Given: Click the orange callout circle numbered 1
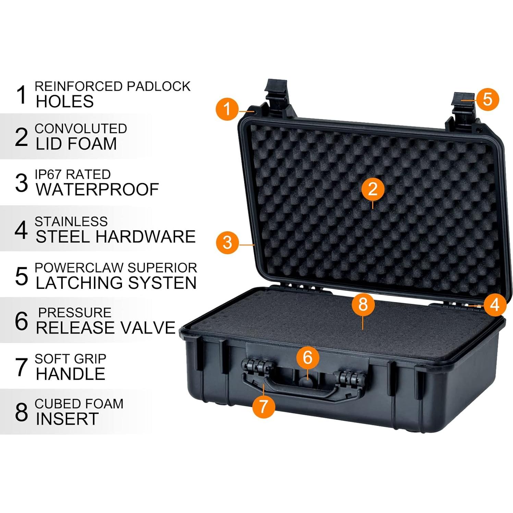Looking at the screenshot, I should coord(227,109).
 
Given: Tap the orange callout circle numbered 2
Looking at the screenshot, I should coord(372,189).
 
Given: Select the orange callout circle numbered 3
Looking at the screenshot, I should coord(227,243).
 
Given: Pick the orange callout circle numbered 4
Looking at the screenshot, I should coord(494,304).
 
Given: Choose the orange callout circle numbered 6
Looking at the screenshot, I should coord(308,357).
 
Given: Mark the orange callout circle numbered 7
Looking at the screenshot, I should coord(263,406).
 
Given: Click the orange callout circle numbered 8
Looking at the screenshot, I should coord(363,304).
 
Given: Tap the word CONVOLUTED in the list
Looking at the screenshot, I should coord(81,129).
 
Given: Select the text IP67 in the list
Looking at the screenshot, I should coord(48,174).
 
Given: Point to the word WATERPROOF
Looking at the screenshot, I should coord(97,190).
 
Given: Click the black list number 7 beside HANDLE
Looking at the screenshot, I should coord(21,367).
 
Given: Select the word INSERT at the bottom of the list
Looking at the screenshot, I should coord(67,419).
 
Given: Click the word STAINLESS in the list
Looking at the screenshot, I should coord(71,222).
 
